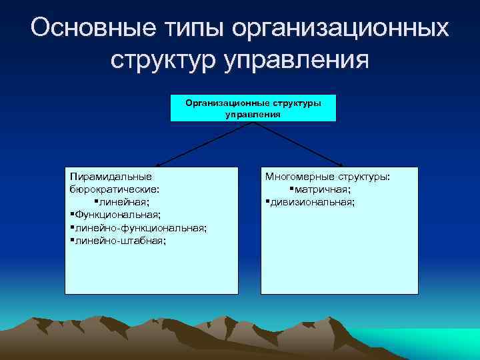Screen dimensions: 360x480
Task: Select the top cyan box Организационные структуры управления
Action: pyautogui.click(x=253, y=108)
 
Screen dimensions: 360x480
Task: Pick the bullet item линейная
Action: pyautogui.click(x=124, y=202)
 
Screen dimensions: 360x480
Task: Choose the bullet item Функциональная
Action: pyautogui.click(x=117, y=215)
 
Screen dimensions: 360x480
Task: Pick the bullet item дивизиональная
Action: pyautogui.click(x=312, y=202)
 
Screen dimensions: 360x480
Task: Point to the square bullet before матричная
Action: pyautogui.click(x=293, y=189)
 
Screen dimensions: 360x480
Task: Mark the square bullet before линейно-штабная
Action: pyautogui.click(x=71, y=240)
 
